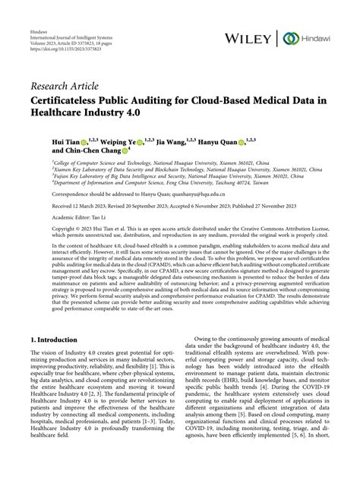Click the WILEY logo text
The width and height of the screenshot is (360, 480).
tap(250, 38)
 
